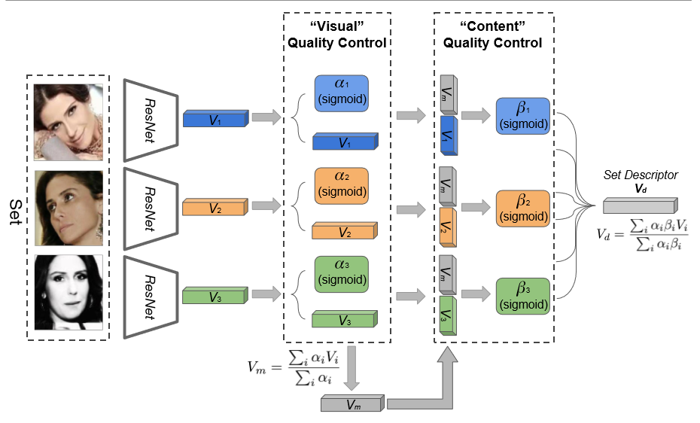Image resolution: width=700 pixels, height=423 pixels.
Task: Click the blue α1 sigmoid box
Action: pyautogui.click(x=341, y=94)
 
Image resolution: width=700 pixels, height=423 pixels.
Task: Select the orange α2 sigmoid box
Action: pyautogui.click(x=341, y=185)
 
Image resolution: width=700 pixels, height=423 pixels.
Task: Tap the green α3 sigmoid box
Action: pyautogui.click(x=341, y=275)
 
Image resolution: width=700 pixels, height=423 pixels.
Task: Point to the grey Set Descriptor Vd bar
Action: pyautogui.click(x=640, y=205)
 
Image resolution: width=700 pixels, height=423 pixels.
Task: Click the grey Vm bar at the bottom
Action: pyautogui.click(x=352, y=404)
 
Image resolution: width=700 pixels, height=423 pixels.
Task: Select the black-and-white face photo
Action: pyautogui.click(x=68, y=293)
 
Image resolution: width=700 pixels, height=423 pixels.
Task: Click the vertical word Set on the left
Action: pyautogui.click(x=14, y=207)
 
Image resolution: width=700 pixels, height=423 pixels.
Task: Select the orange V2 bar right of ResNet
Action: pyautogui.click(x=215, y=206)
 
